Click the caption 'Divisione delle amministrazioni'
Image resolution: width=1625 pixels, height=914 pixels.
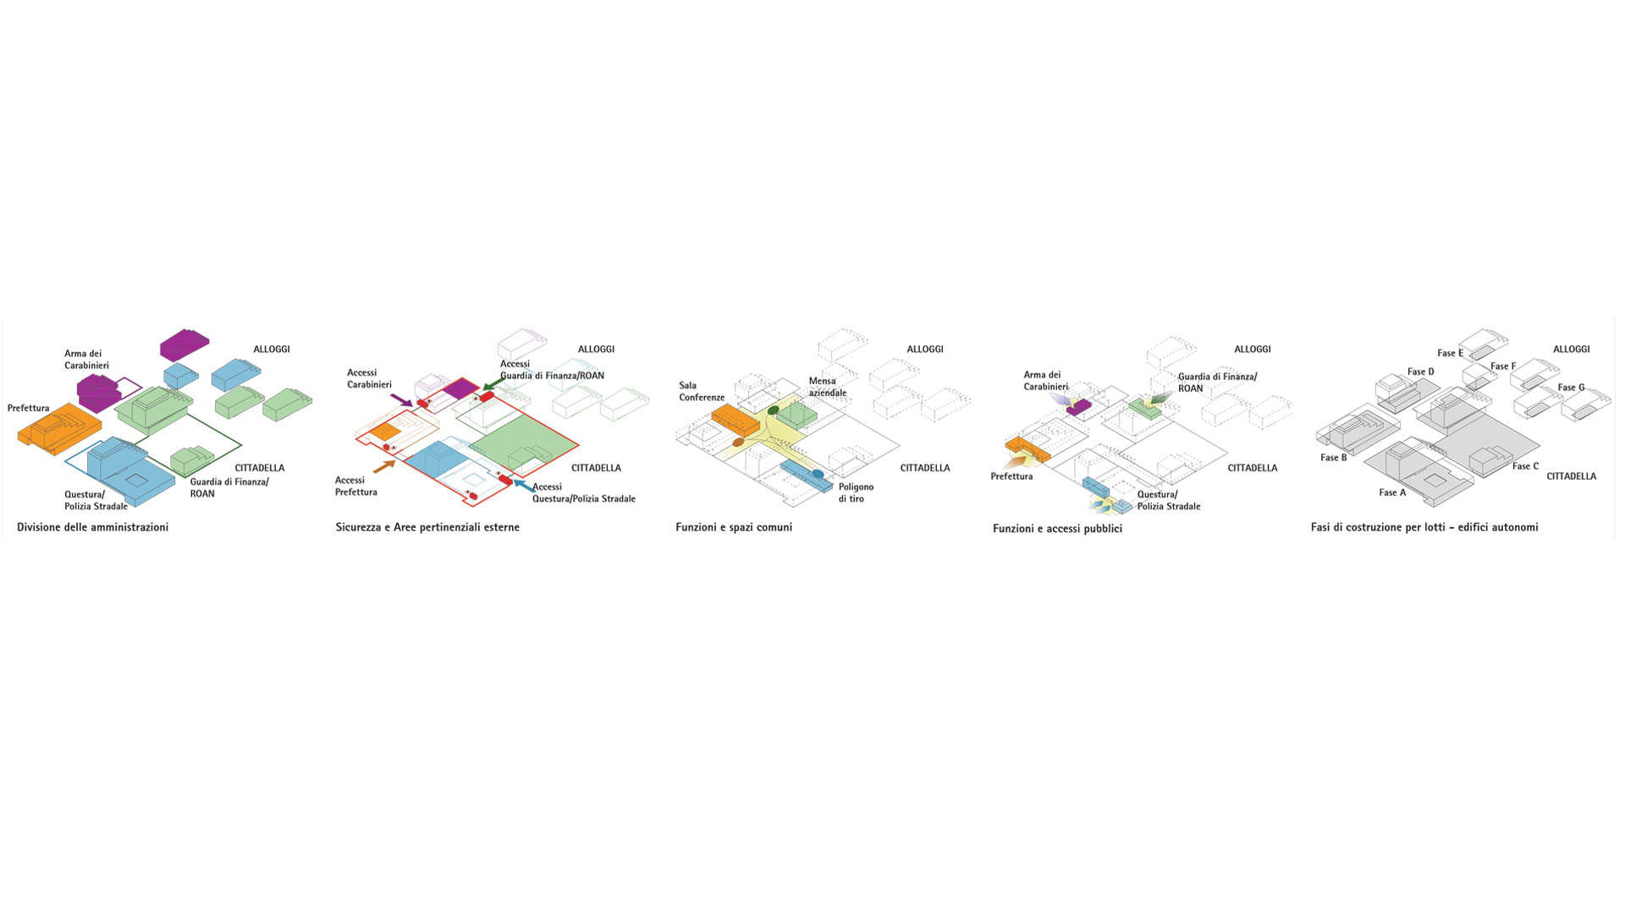click(x=93, y=527)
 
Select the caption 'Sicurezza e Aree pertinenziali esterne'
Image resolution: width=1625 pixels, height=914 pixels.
click(x=427, y=527)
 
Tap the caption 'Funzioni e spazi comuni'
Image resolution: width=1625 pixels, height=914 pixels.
click(x=734, y=527)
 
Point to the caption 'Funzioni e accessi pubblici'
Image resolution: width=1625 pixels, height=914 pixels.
click(x=1057, y=529)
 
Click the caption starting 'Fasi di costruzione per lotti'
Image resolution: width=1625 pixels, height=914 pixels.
click(x=1424, y=527)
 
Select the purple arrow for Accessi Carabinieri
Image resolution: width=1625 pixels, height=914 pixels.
click(x=401, y=399)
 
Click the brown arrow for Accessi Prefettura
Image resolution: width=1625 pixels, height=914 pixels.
click(x=384, y=466)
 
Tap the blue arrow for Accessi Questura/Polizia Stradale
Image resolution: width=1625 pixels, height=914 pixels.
click(x=524, y=487)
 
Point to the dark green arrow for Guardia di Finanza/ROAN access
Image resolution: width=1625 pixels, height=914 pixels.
click(x=494, y=385)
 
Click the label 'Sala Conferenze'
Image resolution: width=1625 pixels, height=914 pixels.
click(x=702, y=392)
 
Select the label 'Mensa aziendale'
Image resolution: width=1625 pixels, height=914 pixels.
click(x=827, y=387)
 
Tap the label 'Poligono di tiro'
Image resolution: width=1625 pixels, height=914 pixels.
click(x=856, y=493)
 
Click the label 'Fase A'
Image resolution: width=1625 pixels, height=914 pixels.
click(x=1392, y=493)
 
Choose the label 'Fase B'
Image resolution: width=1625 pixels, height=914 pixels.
click(x=1333, y=458)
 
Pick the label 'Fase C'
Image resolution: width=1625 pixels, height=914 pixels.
click(x=1526, y=466)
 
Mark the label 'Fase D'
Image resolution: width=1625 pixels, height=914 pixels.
click(x=1421, y=372)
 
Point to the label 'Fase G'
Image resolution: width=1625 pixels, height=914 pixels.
click(x=1572, y=388)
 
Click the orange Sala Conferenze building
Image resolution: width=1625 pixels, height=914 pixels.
click(x=735, y=420)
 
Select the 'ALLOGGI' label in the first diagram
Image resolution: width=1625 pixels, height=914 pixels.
click(x=272, y=350)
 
